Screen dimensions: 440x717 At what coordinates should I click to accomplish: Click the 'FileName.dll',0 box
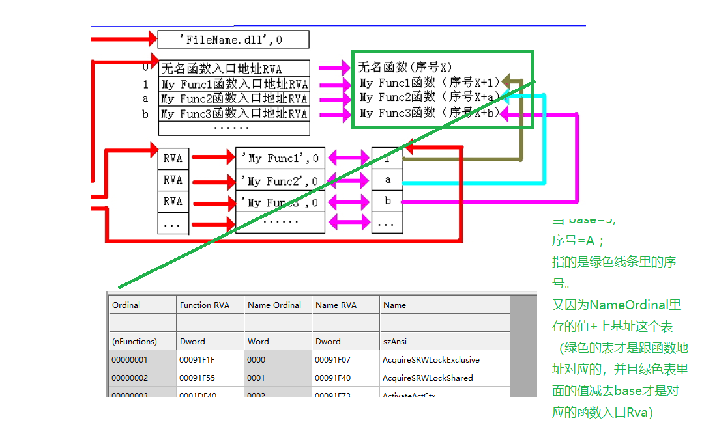pos(233,40)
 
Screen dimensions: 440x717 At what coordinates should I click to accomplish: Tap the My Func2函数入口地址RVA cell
pos(234,99)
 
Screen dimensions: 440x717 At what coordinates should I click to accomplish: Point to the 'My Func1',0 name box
pos(280,158)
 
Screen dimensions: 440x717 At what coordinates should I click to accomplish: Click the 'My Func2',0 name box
pos(280,180)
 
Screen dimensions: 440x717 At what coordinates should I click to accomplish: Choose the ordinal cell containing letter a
pos(387,180)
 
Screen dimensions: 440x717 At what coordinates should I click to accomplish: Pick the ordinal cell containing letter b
pos(387,201)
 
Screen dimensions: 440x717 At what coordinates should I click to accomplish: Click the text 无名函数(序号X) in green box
pos(405,66)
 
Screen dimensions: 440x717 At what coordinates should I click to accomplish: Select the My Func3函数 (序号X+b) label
pos(430,113)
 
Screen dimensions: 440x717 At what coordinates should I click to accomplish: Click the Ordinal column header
pos(126,305)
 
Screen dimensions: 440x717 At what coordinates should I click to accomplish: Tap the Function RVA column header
pos(204,305)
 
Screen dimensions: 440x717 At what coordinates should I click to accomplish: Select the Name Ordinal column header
pos(274,305)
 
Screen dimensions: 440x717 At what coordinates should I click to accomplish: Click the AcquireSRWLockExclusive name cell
pos(431,359)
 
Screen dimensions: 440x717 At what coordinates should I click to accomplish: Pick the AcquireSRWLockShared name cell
pos(428,378)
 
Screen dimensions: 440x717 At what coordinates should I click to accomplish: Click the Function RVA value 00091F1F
pos(197,359)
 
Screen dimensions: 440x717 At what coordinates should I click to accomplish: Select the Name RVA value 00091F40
pos(332,378)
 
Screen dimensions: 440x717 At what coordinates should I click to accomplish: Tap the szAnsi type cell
pos(395,341)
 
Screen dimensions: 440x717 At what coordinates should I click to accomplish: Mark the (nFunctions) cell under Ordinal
pos(134,341)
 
